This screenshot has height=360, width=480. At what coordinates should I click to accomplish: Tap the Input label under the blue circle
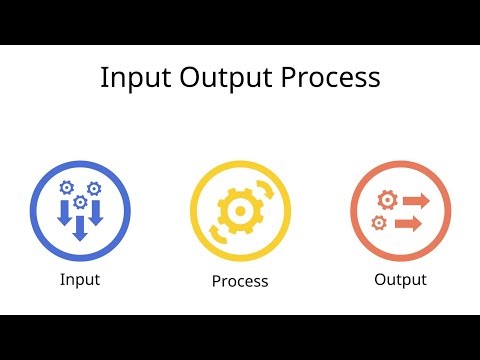[80, 279]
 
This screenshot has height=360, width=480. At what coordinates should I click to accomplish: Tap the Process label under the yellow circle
[240, 281]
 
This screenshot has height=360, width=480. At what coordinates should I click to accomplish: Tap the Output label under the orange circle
[400, 279]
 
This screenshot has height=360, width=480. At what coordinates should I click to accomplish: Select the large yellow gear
[240, 212]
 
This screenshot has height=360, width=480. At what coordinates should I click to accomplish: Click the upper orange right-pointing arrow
[413, 201]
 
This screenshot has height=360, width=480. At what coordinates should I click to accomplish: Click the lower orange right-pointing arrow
[407, 223]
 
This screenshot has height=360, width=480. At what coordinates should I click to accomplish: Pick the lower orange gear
[378, 222]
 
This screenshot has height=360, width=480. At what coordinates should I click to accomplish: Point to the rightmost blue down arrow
[96, 213]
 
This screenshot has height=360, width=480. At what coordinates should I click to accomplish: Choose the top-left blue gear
[67, 187]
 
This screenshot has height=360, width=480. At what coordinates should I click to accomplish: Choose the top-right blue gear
[94, 187]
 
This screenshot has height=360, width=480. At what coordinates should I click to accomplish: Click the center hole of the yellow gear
[240, 212]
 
